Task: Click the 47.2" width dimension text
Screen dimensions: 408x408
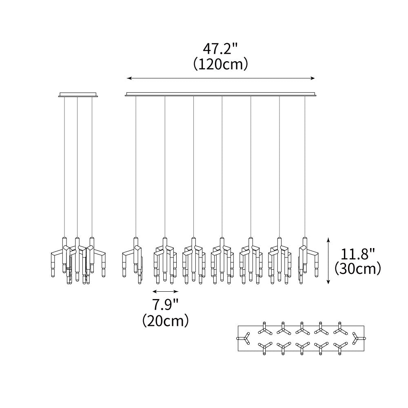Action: click(220, 49)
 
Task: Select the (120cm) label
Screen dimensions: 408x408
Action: click(220, 64)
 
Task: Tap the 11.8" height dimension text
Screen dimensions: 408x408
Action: click(357, 254)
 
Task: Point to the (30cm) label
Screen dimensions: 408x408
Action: click(358, 268)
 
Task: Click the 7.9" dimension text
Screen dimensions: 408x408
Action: click(166, 305)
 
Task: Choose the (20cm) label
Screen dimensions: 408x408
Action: click(166, 320)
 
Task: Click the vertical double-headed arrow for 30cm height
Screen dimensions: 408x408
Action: click(328, 260)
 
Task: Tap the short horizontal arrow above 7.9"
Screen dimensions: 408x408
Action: click(166, 291)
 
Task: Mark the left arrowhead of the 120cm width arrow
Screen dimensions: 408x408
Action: click(129, 78)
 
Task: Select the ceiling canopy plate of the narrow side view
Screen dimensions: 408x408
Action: click(78, 94)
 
